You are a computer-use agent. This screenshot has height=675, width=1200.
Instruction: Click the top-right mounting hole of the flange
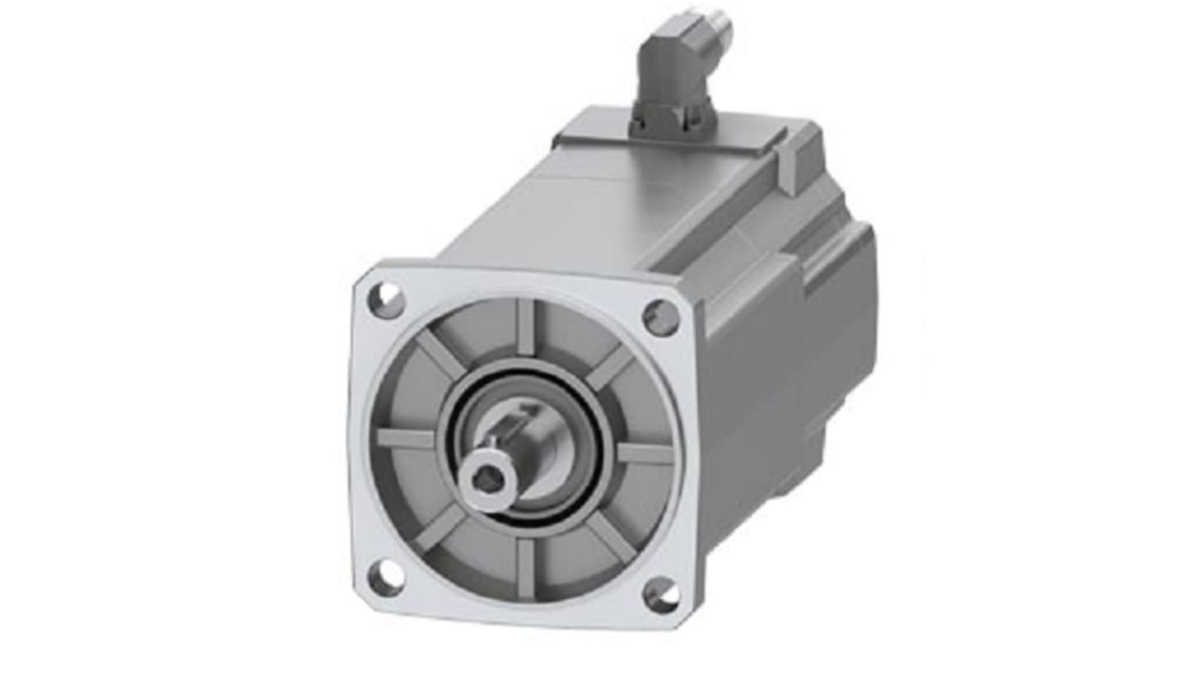(x=661, y=318)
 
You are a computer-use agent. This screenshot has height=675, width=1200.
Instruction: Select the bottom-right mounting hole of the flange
(x=661, y=595)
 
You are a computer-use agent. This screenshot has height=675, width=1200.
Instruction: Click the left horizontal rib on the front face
(x=406, y=439)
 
